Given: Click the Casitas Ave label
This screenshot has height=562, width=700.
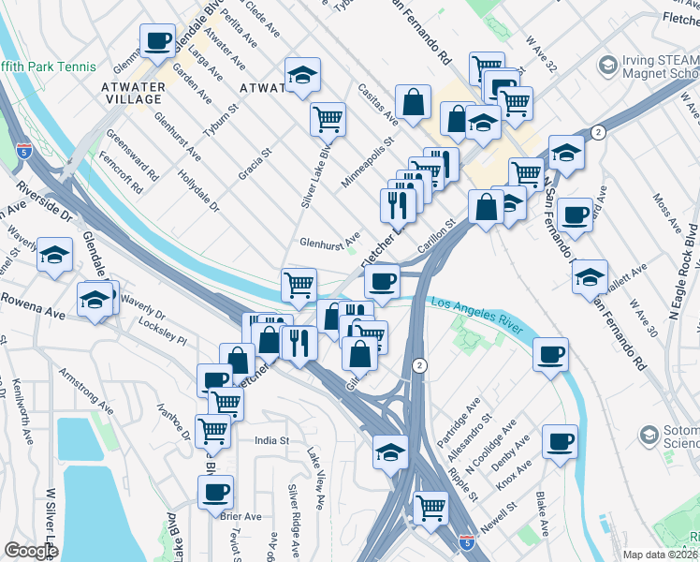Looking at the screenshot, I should tap(378, 104).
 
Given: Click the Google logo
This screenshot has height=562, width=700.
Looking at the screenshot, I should tap(31, 551).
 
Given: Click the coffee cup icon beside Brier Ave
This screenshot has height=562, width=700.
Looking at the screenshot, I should tap(215, 491).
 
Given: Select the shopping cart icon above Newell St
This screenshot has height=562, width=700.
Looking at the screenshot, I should tap(430, 507).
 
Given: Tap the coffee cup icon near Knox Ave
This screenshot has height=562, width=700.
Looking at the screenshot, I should tap(560, 441).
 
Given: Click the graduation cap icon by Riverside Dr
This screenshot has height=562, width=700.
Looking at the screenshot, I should tap(55, 254).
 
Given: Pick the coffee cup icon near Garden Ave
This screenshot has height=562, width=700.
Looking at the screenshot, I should tap(157, 40).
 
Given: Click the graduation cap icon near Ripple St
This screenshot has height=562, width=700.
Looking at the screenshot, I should tap(390, 451).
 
